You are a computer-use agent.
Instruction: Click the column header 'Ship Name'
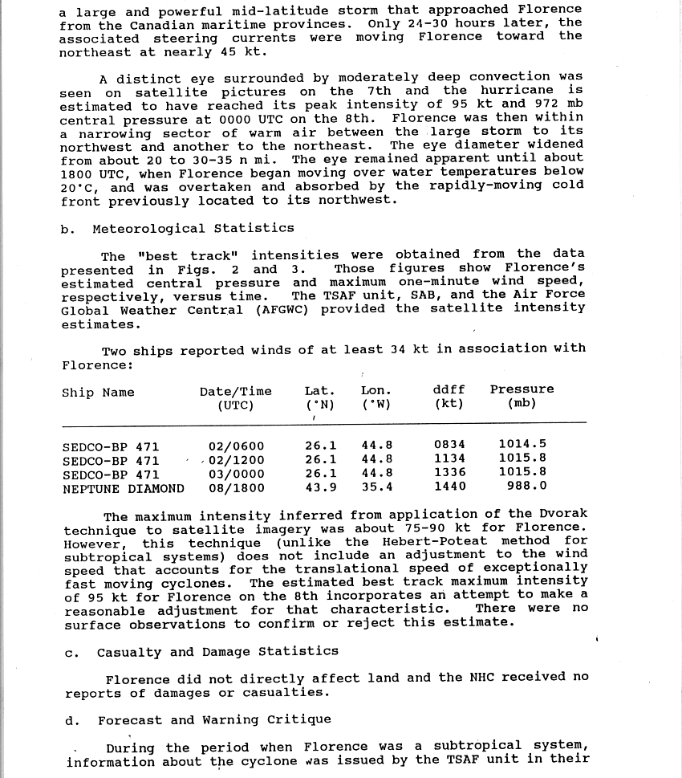pyautogui.click(x=98, y=393)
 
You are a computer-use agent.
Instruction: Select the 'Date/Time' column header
pyautogui.click(x=235, y=392)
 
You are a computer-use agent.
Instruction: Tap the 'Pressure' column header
pyautogui.click(x=522, y=389)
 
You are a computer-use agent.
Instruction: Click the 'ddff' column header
pyautogui.click(x=449, y=389)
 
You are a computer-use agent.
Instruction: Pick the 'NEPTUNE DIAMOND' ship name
pyautogui.click(x=123, y=488)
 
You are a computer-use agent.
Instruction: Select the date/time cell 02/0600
pyautogui.click(x=236, y=446)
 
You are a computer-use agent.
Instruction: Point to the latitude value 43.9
pyautogui.click(x=321, y=487)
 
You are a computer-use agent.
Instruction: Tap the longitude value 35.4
pyautogui.click(x=377, y=487)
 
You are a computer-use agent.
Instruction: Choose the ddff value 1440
pyautogui.click(x=449, y=486)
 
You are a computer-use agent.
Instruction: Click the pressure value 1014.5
pyautogui.click(x=522, y=443)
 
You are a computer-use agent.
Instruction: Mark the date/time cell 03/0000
pyautogui.click(x=236, y=475)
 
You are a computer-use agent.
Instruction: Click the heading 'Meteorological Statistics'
pyautogui.click(x=193, y=229)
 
